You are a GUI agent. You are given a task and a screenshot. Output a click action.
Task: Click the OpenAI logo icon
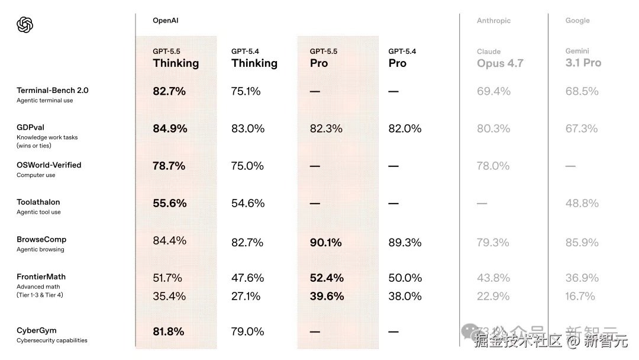(25, 25)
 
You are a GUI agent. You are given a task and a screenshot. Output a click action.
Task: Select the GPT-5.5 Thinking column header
(176, 59)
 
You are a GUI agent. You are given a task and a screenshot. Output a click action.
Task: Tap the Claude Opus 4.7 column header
(500, 59)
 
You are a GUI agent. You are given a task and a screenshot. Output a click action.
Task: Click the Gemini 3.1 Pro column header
(583, 58)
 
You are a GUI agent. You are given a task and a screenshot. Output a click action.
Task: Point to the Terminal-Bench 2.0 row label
(53, 91)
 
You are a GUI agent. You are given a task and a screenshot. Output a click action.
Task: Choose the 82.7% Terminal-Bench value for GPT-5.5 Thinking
(169, 91)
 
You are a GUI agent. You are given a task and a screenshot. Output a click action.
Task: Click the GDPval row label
(31, 127)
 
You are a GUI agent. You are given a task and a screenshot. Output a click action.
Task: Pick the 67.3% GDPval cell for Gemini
(582, 128)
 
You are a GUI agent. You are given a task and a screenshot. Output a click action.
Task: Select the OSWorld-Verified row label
(49, 165)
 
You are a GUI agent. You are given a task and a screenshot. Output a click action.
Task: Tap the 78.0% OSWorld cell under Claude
(493, 166)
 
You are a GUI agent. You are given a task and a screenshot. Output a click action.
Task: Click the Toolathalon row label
(38, 202)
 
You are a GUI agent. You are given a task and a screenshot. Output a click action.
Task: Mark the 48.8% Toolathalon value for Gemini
(582, 203)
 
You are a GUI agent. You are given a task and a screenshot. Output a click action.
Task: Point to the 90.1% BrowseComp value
(326, 242)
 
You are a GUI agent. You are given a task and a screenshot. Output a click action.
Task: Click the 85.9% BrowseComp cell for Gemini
(582, 242)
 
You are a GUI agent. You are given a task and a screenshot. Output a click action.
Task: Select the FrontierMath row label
(41, 277)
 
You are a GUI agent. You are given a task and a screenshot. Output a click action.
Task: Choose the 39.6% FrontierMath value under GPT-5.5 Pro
(327, 296)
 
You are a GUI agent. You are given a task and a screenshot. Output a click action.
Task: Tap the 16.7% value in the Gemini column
(580, 296)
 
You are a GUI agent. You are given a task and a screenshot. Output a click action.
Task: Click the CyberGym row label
(37, 330)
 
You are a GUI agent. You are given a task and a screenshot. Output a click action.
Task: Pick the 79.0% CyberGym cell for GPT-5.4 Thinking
(247, 332)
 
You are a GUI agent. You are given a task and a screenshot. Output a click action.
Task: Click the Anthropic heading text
(493, 21)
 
